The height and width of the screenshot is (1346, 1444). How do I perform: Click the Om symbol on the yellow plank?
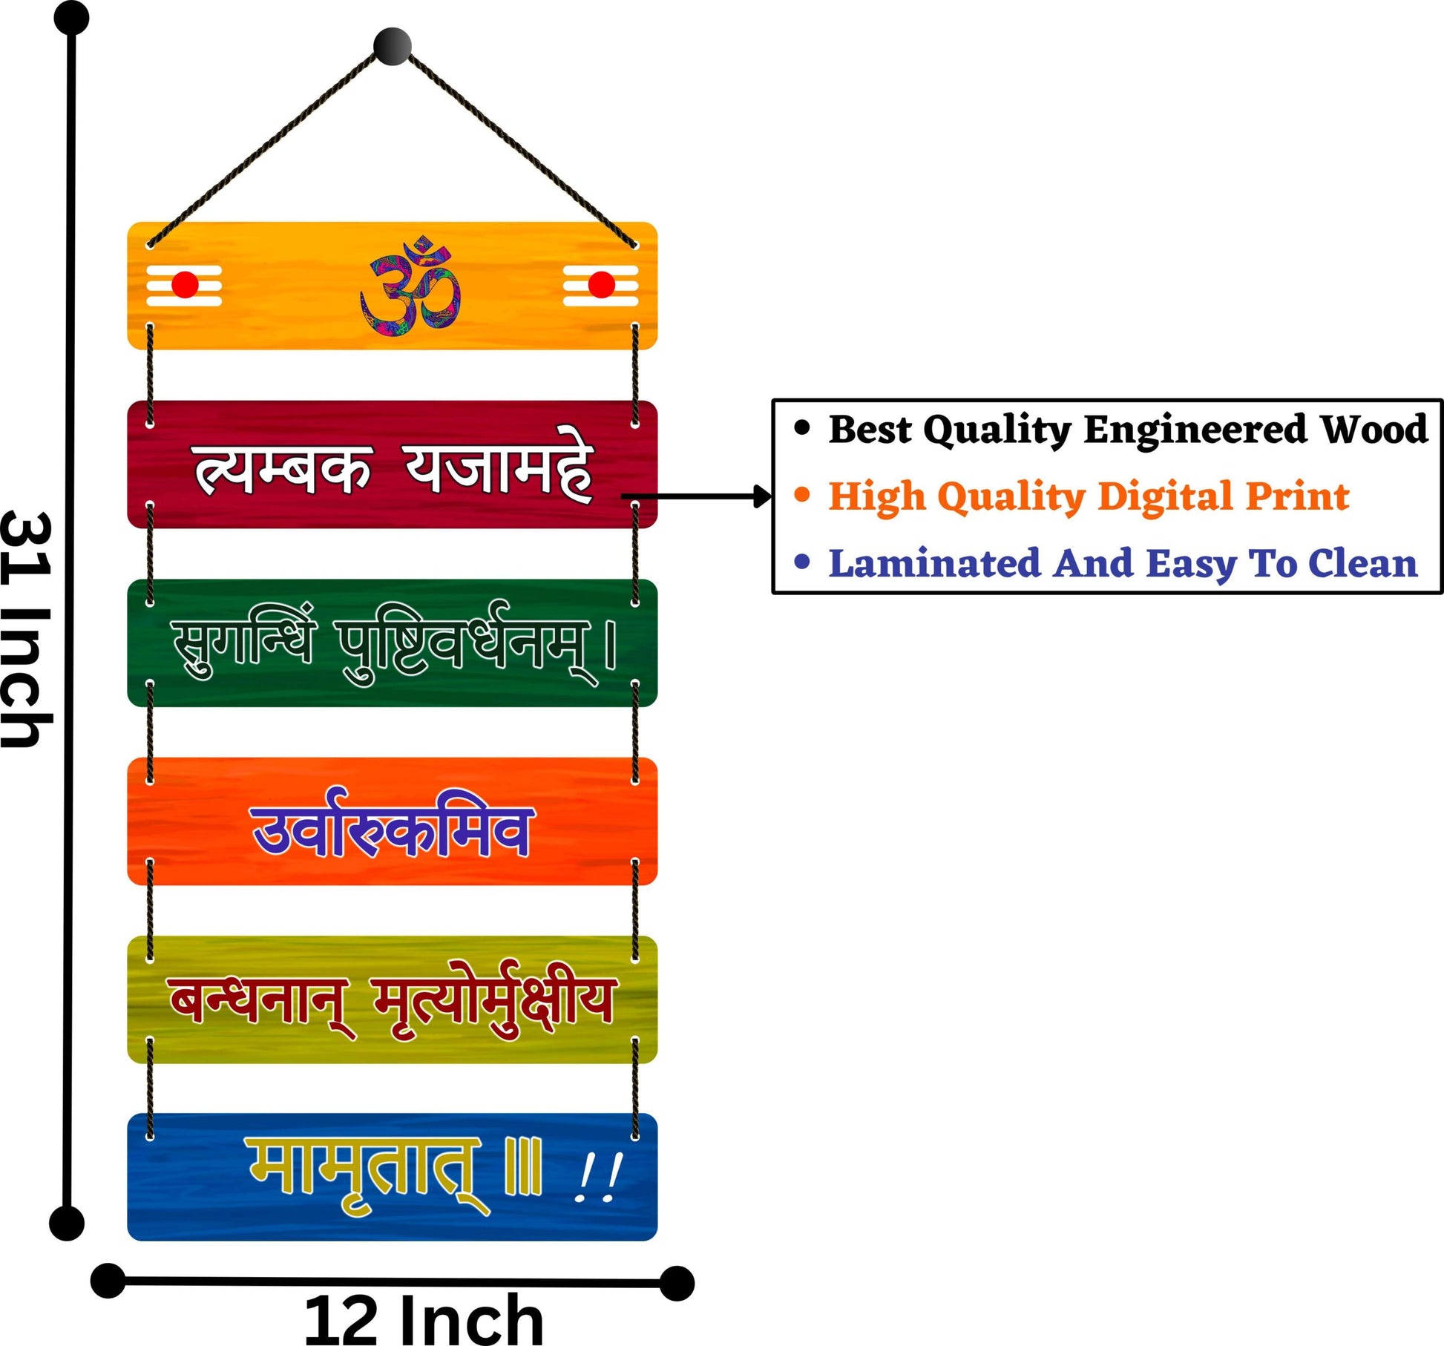pyautogui.click(x=410, y=284)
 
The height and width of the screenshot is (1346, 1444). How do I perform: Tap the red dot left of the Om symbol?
pyautogui.click(x=185, y=285)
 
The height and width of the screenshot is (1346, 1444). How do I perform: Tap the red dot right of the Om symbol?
pyautogui.click(x=601, y=285)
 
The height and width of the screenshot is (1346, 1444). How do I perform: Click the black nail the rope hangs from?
pyautogui.click(x=392, y=47)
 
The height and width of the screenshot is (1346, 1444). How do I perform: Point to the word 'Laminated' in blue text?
pyautogui.click(x=935, y=563)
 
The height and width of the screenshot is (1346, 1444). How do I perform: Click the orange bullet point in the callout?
pyautogui.click(x=801, y=494)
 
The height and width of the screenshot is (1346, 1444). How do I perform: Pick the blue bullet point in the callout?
pyautogui.click(x=801, y=561)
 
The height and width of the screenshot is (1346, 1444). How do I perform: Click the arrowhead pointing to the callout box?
pyautogui.click(x=762, y=496)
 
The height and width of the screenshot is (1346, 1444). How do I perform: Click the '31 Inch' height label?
pyautogui.click(x=27, y=629)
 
